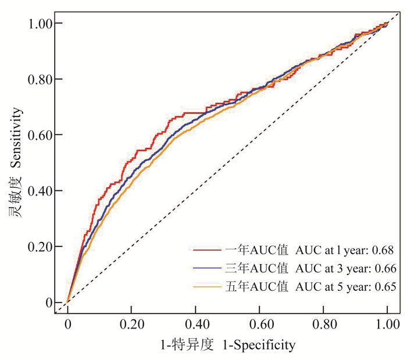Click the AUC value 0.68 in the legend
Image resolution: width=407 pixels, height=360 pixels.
[x=385, y=250]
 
